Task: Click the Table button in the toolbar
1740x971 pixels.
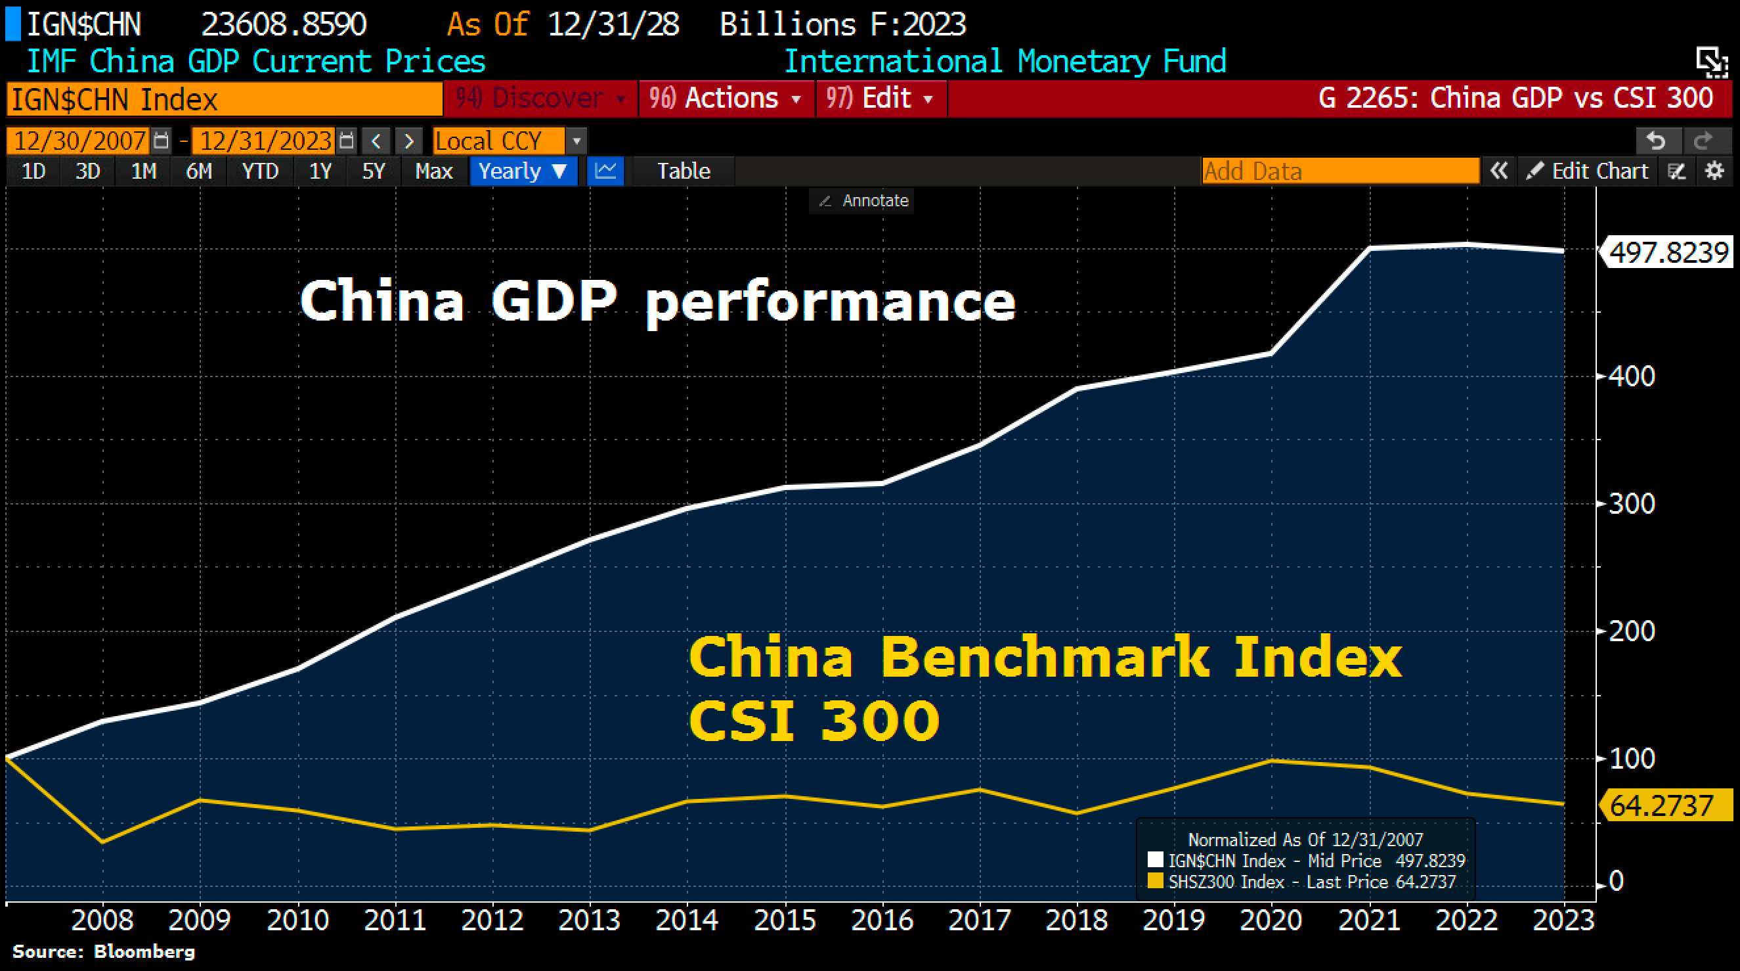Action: pyautogui.click(x=683, y=171)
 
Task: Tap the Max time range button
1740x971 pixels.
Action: pyautogui.click(x=433, y=171)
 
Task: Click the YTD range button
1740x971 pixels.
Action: pyautogui.click(x=260, y=171)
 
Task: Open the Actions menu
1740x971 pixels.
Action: pyautogui.click(x=726, y=99)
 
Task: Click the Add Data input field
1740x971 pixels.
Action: pyautogui.click(x=1339, y=171)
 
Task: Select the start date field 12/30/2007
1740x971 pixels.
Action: pyautogui.click(x=79, y=141)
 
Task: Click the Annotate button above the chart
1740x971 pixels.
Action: pyautogui.click(x=863, y=200)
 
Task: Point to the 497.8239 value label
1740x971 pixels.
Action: pyautogui.click(x=1668, y=253)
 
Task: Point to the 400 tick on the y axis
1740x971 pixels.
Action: pyautogui.click(x=1631, y=376)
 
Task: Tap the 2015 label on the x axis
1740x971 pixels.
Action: pyautogui.click(x=785, y=920)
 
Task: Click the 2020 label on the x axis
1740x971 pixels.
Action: pyautogui.click(x=1271, y=920)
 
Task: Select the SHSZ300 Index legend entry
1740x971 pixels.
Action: pyautogui.click(x=1226, y=882)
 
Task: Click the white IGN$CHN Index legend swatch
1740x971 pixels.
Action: pyautogui.click(x=1155, y=859)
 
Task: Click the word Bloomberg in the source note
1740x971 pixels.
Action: pyautogui.click(x=144, y=951)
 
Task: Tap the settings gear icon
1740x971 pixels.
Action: pyautogui.click(x=1714, y=171)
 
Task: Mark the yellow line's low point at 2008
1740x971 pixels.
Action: pyautogui.click(x=102, y=842)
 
